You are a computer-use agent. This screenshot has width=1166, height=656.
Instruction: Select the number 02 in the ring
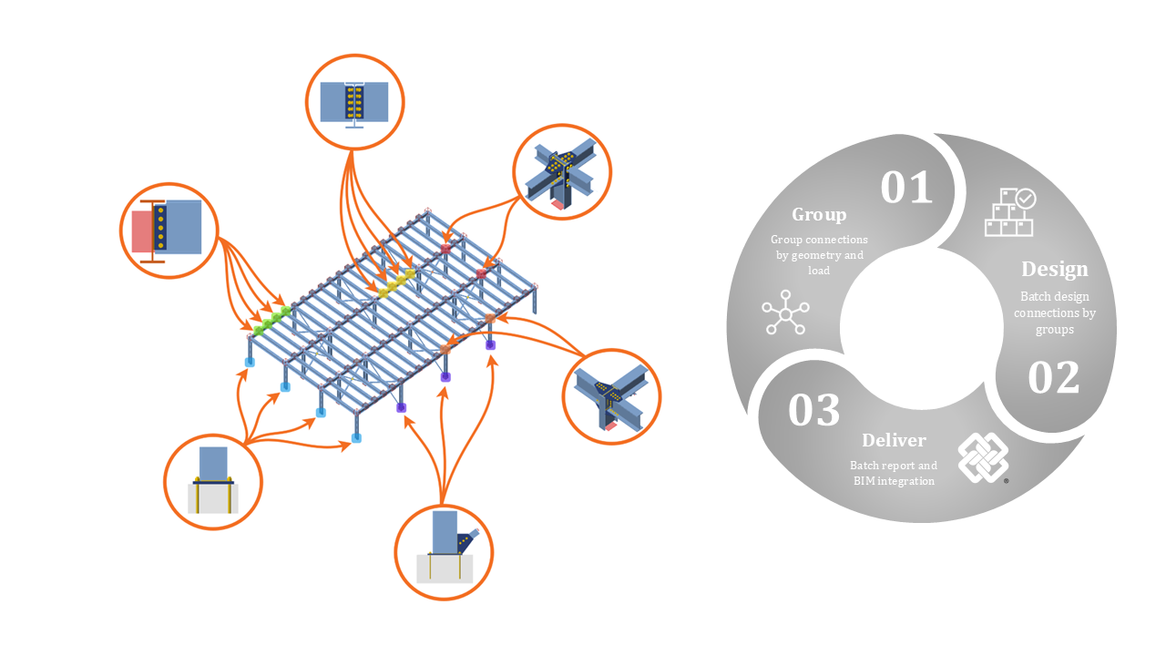[x=1054, y=378]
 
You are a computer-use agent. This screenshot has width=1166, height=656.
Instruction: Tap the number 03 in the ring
[x=813, y=410]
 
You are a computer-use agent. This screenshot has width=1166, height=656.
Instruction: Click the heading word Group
[x=819, y=214]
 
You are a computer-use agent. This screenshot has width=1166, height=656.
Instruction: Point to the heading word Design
[x=1054, y=269]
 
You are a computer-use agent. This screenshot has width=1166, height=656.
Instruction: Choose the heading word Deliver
[x=894, y=440]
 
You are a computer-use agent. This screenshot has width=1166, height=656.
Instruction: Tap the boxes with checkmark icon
[x=1010, y=212]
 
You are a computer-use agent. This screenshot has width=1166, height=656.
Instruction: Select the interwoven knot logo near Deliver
[x=983, y=457]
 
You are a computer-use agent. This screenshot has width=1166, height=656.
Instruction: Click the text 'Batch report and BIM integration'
[x=894, y=473]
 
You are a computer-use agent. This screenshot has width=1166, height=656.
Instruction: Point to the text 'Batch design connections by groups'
[x=1054, y=313]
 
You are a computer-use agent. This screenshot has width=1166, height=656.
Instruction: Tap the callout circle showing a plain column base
[x=213, y=481]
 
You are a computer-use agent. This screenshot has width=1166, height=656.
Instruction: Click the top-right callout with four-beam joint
[x=562, y=172]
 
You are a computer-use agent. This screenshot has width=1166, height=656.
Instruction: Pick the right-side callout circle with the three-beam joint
[x=611, y=396]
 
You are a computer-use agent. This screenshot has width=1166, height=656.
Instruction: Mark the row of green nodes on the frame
[x=272, y=320]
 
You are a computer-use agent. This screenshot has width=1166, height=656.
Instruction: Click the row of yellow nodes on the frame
[x=397, y=282]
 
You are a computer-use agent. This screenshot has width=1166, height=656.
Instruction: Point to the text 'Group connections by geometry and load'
[x=819, y=255]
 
